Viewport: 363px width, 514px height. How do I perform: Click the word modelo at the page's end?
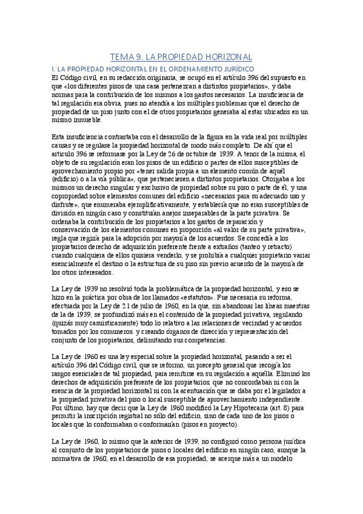[x=296, y=459]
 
